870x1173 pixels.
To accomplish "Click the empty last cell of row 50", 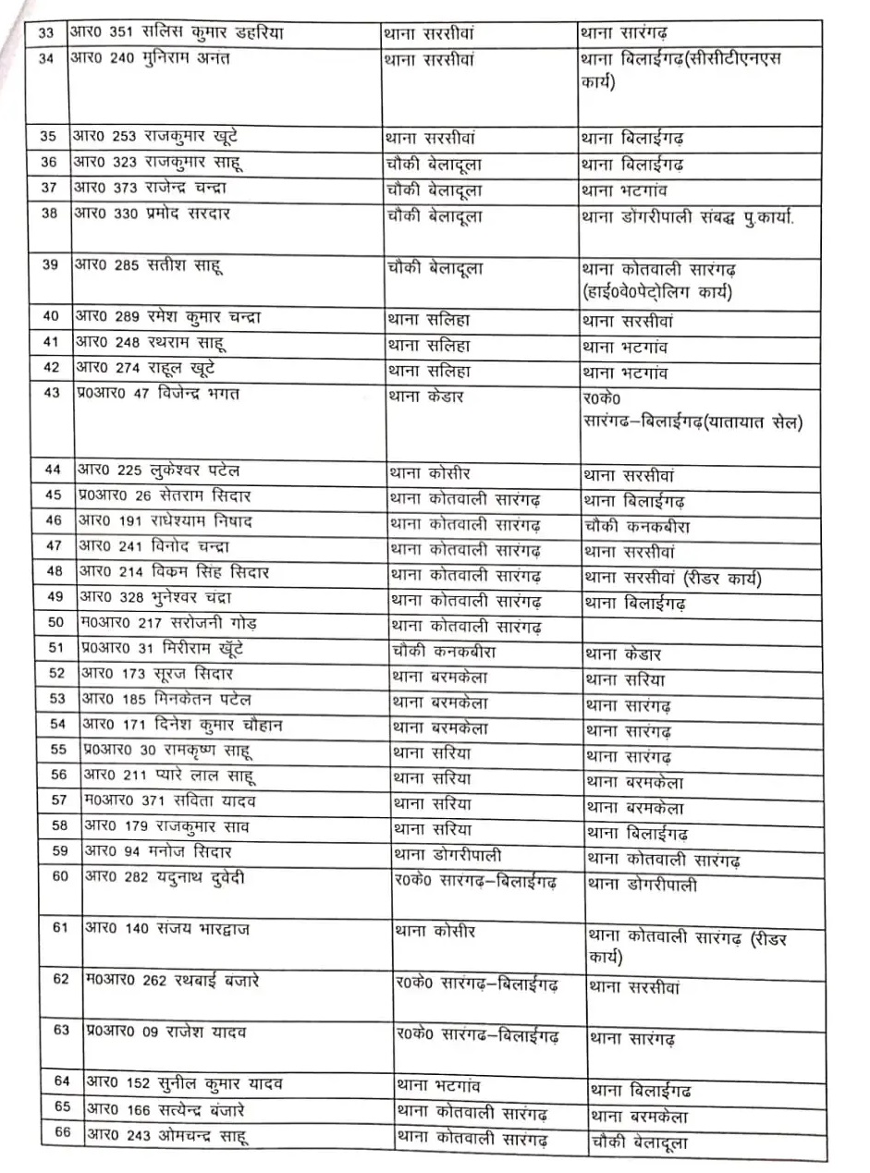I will tap(703, 626).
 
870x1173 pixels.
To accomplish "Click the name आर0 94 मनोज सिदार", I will tap(157, 851).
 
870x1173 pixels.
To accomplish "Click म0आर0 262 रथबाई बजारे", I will tap(172, 980).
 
